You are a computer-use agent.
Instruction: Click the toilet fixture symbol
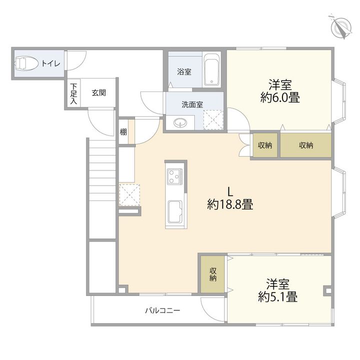click(x=25, y=63)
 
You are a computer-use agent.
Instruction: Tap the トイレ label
click(x=50, y=63)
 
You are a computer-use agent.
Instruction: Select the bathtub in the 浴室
click(x=211, y=70)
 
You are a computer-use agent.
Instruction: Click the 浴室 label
click(x=184, y=72)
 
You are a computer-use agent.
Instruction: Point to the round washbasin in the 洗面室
click(x=180, y=123)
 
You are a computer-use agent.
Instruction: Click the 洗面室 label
click(x=192, y=104)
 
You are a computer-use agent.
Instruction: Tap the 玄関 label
click(x=98, y=93)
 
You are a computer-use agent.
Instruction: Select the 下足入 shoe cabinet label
click(x=73, y=93)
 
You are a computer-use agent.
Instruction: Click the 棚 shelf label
click(x=123, y=132)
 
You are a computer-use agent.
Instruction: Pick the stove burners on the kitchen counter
click(x=174, y=176)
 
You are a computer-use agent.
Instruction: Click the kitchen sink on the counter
click(x=175, y=211)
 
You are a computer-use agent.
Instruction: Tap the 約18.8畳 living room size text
click(x=230, y=204)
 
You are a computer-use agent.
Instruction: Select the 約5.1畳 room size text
click(x=278, y=297)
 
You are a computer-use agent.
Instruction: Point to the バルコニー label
click(x=162, y=311)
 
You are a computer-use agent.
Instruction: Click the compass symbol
click(x=340, y=27)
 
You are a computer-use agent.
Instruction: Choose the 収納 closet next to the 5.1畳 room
click(x=213, y=274)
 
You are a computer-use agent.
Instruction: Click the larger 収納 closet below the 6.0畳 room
click(x=306, y=145)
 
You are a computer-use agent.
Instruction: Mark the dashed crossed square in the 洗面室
click(x=213, y=120)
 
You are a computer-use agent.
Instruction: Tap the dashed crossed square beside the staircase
click(x=129, y=195)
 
